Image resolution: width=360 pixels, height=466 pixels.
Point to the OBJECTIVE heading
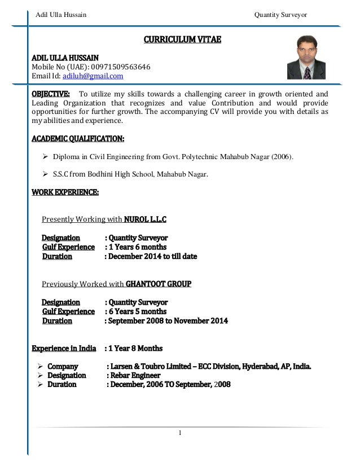click(51, 94)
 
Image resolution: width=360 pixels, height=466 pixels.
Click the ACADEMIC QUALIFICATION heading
click(78, 138)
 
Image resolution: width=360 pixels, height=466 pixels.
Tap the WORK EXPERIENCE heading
click(65, 193)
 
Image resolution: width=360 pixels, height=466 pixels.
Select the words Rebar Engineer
click(136, 375)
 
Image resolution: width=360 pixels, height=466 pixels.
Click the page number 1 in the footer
click(179, 433)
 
